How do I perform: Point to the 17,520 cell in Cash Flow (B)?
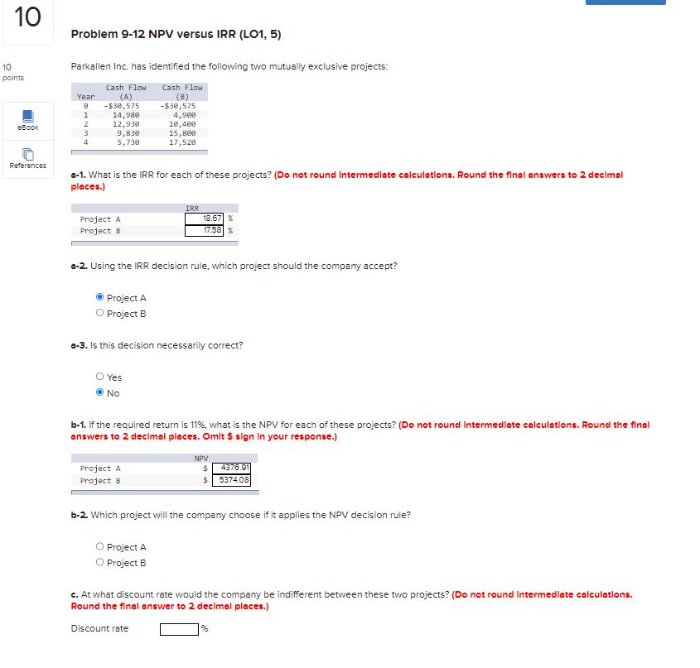[182, 142]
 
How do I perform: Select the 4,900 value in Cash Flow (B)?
[184, 115]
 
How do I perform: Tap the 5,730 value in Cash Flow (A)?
[127, 142]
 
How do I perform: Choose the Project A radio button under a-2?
[100, 298]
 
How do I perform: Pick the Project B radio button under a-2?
[100, 314]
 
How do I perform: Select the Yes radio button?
[100, 377]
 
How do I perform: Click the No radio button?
[100, 393]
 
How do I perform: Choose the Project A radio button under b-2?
[100, 547]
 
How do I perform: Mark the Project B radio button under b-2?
[100, 563]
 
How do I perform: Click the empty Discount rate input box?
[180, 629]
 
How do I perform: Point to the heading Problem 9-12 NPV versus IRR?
[176, 34]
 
